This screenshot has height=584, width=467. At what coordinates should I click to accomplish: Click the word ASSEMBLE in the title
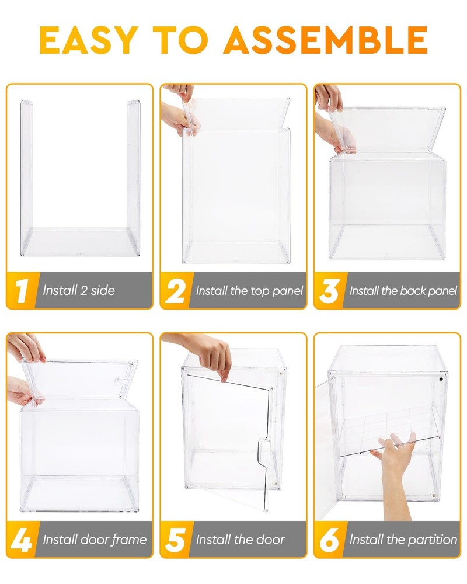coord(325,40)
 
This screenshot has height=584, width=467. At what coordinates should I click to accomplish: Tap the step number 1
coord(22,290)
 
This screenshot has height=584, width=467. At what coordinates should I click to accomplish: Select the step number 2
coord(175,290)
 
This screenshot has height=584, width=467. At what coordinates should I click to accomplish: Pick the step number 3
coord(329,290)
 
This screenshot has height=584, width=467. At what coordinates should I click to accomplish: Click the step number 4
coord(22,539)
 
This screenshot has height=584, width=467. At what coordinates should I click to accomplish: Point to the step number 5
coord(175,539)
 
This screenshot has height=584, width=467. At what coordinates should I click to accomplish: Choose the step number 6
coord(329,539)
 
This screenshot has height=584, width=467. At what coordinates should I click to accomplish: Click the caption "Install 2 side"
coord(79,290)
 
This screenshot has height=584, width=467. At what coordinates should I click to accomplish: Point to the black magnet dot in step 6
coord(441,379)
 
